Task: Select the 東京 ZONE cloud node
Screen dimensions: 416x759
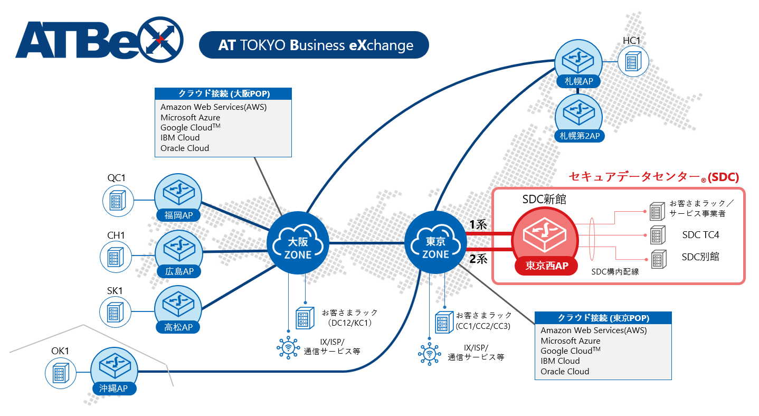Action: click(x=435, y=243)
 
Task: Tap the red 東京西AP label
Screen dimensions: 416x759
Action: click(x=546, y=266)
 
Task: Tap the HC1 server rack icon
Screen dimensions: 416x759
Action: click(x=631, y=60)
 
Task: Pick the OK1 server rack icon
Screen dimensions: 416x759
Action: click(x=58, y=372)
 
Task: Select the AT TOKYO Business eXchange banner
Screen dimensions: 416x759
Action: click(x=314, y=45)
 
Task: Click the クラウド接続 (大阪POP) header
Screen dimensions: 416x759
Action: click(x=223, y=94)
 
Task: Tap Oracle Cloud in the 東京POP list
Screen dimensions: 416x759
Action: click(x=565, y=371)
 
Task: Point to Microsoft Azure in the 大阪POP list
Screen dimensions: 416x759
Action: click(x=190, y=117)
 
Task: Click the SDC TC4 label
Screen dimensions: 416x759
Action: click(x=700, y=234)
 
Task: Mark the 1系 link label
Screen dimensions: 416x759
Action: click(x=478, y=224)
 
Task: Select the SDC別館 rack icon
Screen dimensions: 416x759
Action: click(x=657, y=259)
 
